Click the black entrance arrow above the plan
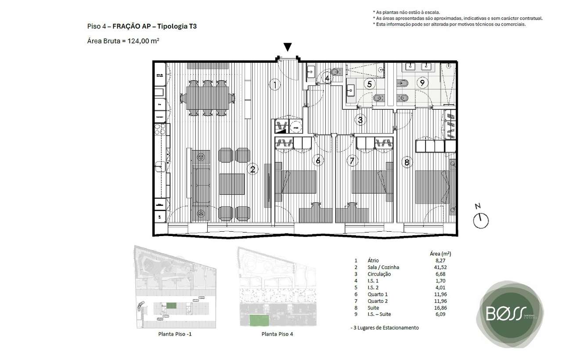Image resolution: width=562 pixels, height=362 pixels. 287,47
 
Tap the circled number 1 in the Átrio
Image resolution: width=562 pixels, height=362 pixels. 274,85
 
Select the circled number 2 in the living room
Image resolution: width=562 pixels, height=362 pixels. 252,169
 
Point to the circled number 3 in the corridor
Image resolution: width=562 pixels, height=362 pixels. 360,119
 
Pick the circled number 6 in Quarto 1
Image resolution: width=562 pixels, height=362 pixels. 319,161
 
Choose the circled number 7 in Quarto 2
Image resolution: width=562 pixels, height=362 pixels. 351,161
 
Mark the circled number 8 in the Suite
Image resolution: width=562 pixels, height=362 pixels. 407,162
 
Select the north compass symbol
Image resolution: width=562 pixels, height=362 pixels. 481,218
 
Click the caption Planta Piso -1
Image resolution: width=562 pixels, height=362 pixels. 175,334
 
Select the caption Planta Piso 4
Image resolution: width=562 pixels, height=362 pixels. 277,334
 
